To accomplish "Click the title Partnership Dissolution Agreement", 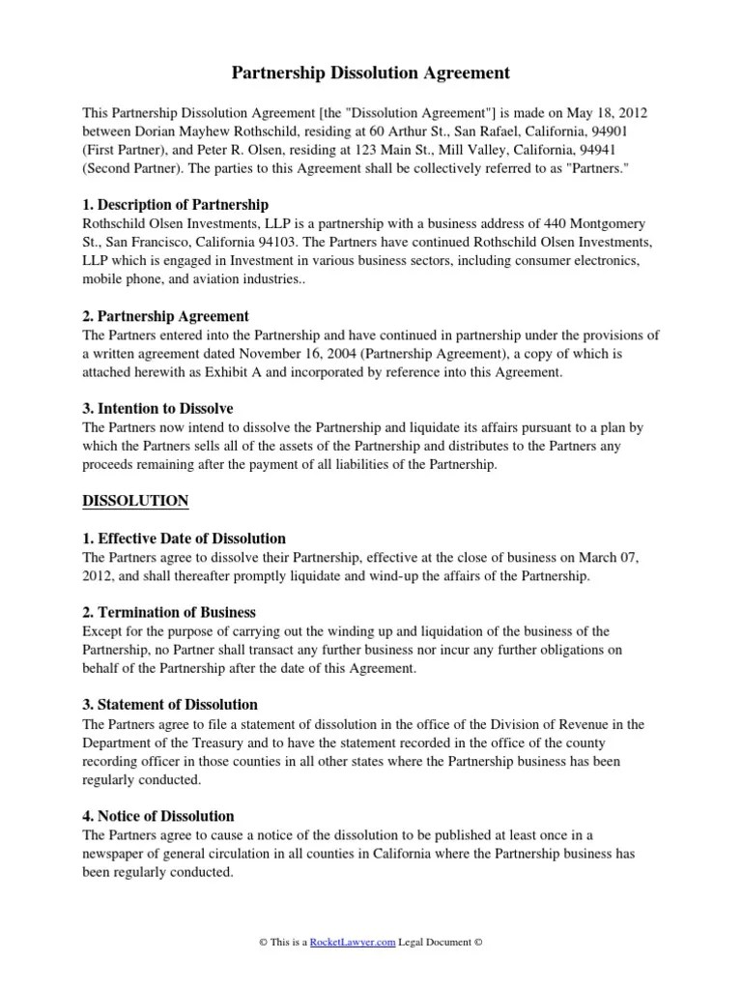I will point(371,73).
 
